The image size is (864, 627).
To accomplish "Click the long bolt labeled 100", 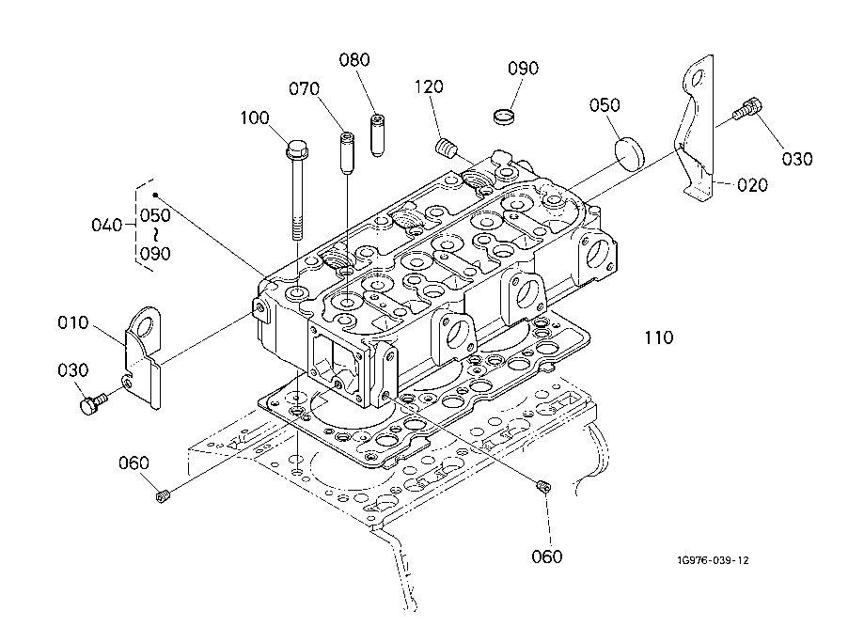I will [x=297, y=188].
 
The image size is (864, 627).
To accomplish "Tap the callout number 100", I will [x=255, y=118].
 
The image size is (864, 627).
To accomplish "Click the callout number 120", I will [x=430, y=86].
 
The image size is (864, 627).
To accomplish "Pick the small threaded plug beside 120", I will [x=447, y=148].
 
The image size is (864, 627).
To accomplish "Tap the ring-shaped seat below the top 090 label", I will [x=508, y=116].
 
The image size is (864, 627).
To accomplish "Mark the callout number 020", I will [x=752, y=184].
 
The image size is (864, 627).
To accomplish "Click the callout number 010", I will [x=74, y=322].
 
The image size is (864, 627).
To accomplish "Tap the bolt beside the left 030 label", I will [x=92, y=404].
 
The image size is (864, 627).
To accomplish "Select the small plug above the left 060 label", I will [x=163, y=494].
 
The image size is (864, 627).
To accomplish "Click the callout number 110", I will [x=658, y=337].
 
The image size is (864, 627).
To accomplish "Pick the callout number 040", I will [x=106, y=225].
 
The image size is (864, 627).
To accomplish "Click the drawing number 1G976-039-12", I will [x=712, y=560].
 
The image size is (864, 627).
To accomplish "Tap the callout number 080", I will [x=354, y=59].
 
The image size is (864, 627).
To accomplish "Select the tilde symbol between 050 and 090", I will [x=156, y=234].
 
